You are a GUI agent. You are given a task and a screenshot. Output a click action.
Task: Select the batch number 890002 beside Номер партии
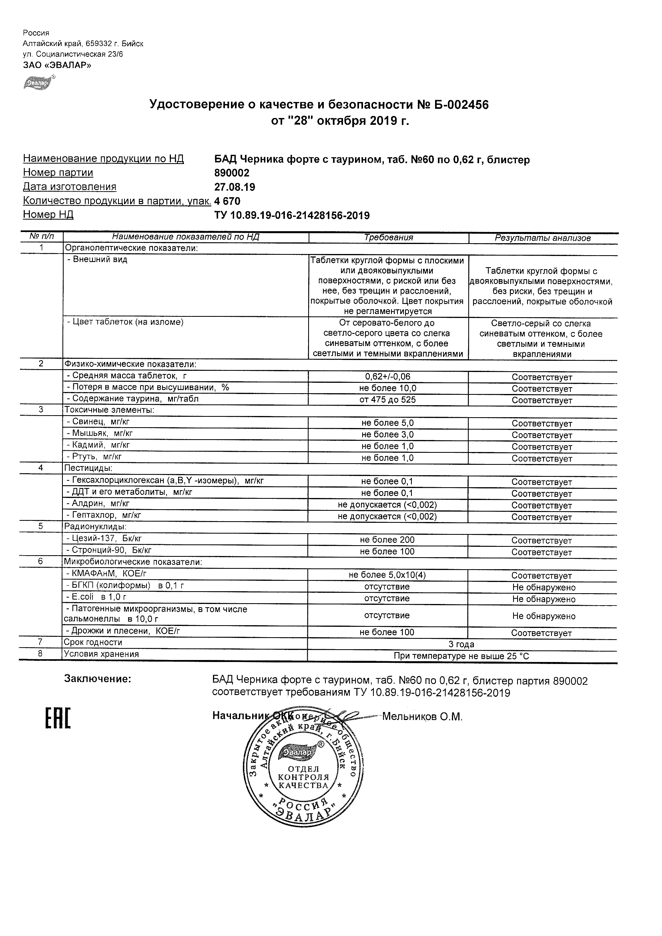pyautogui.click(x=232, y=173)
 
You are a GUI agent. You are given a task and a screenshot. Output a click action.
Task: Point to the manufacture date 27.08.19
pyautogui.click(x=235, y=187)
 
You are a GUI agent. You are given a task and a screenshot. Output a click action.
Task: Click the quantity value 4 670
pyautogui.click(x=227, y=201)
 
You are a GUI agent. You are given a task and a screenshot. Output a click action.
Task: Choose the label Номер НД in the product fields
pyautogui.click(x=48, y=214)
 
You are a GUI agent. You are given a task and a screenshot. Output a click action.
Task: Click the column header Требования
pyautogui.click(x=388, y=238)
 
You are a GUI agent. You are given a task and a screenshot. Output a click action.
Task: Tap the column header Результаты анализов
pyautogui.click(x=542, y=238)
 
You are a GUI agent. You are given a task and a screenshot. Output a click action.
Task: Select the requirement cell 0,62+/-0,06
pyautogui.click(x=387, y=377)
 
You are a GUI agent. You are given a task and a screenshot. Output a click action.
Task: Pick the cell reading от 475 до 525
pyautogui.click(x=387, y=400)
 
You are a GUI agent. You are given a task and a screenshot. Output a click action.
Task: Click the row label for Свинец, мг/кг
pyautogui.click(x=98, y=422)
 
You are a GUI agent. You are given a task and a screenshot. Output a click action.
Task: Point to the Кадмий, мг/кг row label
pyautogui.click(x=98, y=445)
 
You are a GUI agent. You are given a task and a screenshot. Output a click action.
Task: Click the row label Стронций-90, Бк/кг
pyautogui.click(x=109, y=550)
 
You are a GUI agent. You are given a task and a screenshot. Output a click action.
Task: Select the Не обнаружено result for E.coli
pyautogui.click(x=544, y=599)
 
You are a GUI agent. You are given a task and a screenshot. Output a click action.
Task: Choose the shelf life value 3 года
pyautogui.click(x=461, y=644)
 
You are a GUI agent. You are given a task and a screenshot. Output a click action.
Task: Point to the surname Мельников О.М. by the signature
pyautogui.click(x=422, y=717)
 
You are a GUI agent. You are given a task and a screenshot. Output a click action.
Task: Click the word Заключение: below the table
pyautogui.click(x=98, y=679)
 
